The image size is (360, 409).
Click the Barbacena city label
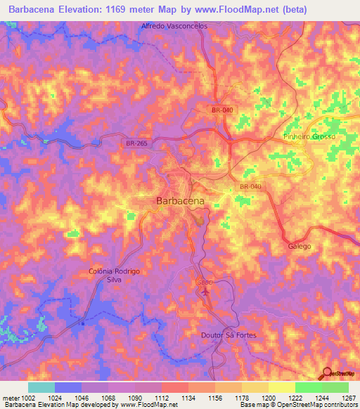[x=179, y=201]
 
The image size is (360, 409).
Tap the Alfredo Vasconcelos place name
[x=175, y=25]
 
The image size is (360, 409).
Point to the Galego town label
[x=299, y=247]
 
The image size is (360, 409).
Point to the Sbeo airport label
[x=201, y=281]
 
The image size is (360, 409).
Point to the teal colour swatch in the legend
[x=41, y=387]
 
